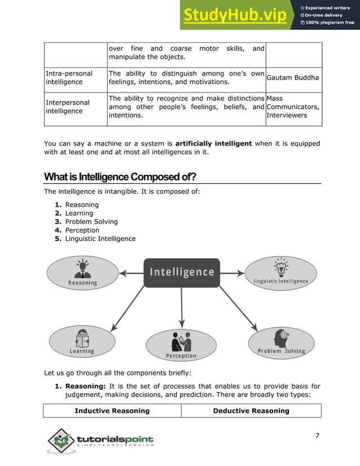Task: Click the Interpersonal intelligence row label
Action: pos(67,107)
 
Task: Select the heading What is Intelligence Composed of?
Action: pos(120,177)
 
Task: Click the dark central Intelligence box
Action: pos(181,272)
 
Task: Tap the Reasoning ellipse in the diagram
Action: pos(82,272)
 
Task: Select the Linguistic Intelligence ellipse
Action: pos(280,273)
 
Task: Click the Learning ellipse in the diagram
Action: pos(82,341)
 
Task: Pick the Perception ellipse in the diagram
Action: pos(181,345)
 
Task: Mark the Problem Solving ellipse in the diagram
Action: pos(281,341)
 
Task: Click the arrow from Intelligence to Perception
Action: pos(181,307)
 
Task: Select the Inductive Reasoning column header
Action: pos(112,411)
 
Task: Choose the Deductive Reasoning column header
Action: pos(251,411)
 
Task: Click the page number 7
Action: pos(317,436)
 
